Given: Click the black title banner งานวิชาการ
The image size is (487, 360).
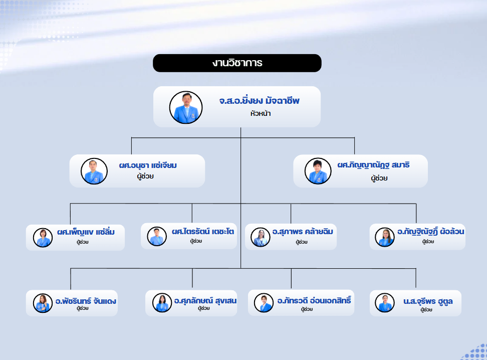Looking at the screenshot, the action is coord(237,63).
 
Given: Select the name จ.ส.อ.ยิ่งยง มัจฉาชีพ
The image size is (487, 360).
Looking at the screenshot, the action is coord(260,100).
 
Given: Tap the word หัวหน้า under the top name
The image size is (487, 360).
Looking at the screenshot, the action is coord(261,113).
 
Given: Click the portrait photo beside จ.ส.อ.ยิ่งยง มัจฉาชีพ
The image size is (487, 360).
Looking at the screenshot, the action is coord(186,107).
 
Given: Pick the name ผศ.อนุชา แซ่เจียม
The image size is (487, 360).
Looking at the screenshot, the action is coord(148,165).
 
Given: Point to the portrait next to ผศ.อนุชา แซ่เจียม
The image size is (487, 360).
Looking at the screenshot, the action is coord(94,171).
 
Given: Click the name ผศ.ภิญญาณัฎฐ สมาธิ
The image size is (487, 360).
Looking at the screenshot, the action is coord(374,165).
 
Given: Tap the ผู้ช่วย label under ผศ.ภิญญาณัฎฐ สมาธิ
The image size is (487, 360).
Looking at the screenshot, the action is coord(379,178).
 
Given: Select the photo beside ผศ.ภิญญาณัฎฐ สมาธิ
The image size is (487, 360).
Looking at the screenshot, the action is coord(318,170).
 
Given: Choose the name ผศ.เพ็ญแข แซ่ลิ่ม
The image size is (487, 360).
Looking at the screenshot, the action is coord(86,232).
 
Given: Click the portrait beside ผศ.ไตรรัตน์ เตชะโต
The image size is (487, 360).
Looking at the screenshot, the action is coord(157,236).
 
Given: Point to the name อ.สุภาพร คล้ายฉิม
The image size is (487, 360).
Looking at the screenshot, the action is coord(303,232).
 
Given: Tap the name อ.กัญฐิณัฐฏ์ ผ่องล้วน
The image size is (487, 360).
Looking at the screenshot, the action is coord(431,231).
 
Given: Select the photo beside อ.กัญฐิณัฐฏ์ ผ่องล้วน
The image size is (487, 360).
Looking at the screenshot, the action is coord(384,237).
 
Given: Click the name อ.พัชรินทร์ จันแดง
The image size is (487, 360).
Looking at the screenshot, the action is coord(86,301).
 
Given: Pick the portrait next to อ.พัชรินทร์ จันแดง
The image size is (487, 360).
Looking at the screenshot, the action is coord(43,303).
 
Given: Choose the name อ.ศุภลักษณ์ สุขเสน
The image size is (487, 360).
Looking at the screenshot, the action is coord(205,301).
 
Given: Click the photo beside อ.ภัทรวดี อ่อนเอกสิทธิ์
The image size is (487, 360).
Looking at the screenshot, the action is coord(264,302).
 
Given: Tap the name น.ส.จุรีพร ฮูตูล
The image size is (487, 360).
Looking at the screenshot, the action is coord(428,301).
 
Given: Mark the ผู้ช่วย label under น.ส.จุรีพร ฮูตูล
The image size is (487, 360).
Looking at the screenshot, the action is coord(426,310).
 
